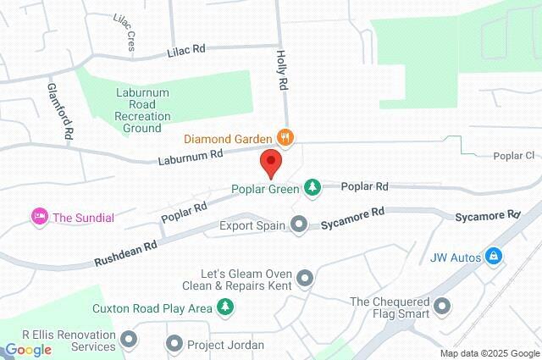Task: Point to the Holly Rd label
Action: click(x=282, y=70)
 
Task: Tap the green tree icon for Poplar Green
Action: click(x=312, y=186)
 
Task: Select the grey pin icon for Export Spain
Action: click(x=299, y=225)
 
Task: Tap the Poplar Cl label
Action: click(x=515, y=156)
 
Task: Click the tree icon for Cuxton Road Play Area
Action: click(x=224, y=307)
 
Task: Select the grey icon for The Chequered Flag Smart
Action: click(x=443, y=307)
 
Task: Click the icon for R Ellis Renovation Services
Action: click(x=130, y=341)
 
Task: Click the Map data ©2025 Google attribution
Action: click(x=489, y=353)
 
